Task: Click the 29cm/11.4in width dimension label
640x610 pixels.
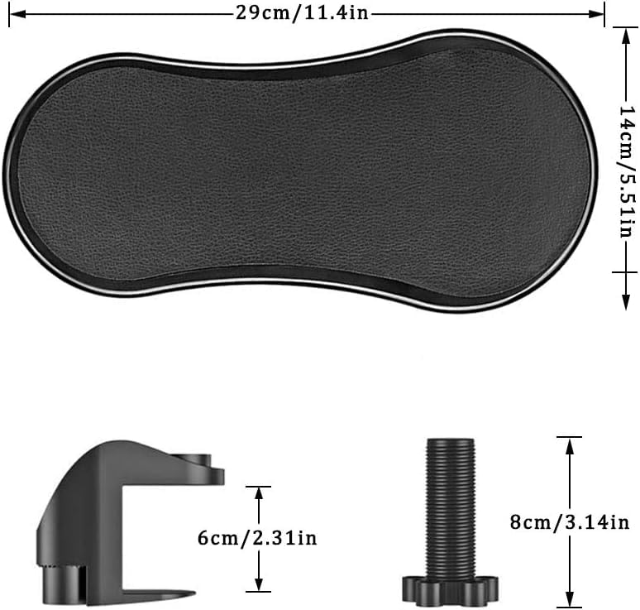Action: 302,13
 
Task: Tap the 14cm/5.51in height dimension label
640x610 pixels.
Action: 628,171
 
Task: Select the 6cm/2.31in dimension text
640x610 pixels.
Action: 257,538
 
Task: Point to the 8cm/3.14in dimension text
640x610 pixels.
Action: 570,522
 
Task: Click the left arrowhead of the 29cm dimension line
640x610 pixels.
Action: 17,14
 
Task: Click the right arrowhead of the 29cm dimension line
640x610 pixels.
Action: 596,14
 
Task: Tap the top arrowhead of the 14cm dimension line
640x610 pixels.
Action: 625,36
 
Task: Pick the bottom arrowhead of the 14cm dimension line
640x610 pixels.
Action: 625,302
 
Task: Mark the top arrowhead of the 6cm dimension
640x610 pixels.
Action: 258,495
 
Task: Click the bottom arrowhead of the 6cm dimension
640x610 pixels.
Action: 258,583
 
